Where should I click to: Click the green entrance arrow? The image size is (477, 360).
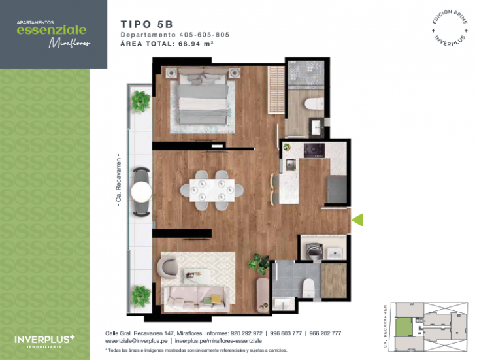tap(357, 220)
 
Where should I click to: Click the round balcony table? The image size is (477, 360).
tap(141, 191)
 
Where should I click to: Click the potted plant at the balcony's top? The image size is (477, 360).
tap(140, 101)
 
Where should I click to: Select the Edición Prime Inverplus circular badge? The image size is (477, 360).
tap(451, 27)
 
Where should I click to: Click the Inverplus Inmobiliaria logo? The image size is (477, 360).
tap(44, 340)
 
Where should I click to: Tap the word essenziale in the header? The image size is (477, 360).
tap(51, 30)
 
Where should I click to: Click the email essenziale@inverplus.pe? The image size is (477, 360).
tap(137, 341)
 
